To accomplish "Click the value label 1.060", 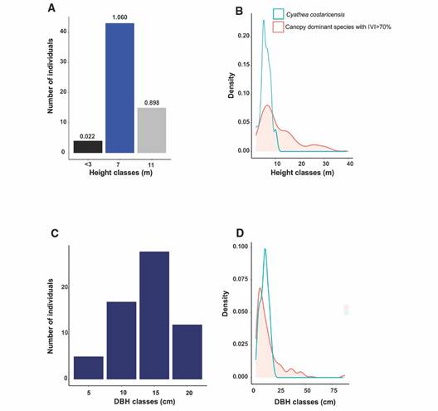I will click(x=119, y=17).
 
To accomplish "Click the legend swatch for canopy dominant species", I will click(x=278, y=27).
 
